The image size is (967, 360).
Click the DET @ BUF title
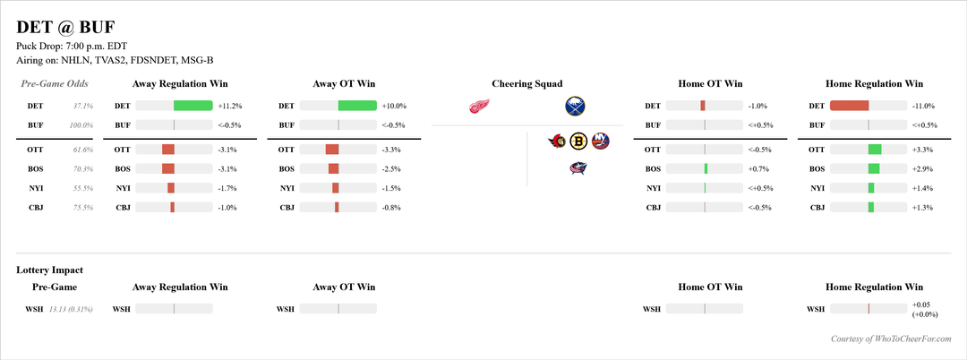[x=65, y=27]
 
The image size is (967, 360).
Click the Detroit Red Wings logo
[x=480, y=107]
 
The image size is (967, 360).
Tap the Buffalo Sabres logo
[x=575, y=107]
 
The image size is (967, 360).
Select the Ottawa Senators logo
[x=557, y=141]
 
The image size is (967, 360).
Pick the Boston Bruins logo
[x=578, y=141]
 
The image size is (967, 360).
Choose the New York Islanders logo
[x=600, y=141]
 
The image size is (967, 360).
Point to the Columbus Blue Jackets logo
[x=578, y=167]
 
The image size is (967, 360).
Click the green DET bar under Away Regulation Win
[x=193, y=106]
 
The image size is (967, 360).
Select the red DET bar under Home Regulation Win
[x=850, y=106]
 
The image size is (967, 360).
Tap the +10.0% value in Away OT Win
[x=393, y=106]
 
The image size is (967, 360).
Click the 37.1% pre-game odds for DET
[x=81, y=106]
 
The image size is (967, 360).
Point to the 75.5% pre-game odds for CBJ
[x=81, y=208]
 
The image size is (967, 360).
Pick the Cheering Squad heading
[x=527, y=84]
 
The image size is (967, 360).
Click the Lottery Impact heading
[x=50, y=270]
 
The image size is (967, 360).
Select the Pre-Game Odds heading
[x=55, y=84]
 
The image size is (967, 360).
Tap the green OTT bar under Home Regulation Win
[x=875, y=149]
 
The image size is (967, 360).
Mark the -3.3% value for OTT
[x=391, y=149]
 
